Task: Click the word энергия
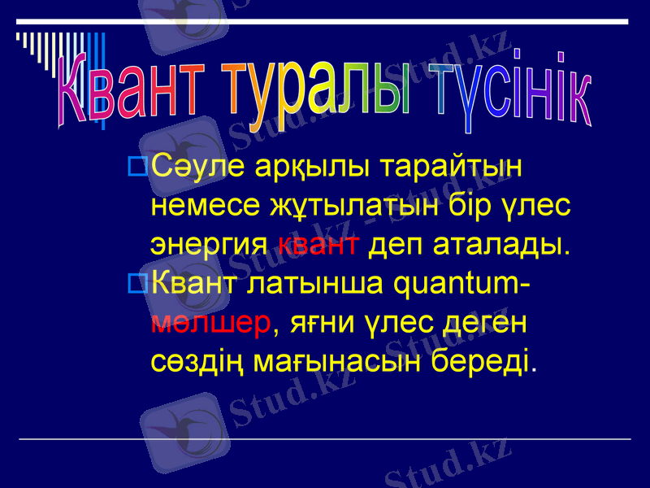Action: pyautogui.click(x=210, y=244)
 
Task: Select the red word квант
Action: pyautogui.click(x=318, y=243)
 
